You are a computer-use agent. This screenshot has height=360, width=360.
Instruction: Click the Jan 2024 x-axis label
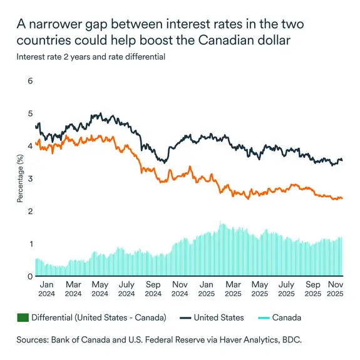coord(46,289)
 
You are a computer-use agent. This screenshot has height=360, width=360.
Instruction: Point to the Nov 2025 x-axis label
coord(338,289)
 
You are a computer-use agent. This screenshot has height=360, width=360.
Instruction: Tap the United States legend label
coord(219,318)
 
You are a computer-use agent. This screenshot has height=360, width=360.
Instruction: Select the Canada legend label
coord(287,318)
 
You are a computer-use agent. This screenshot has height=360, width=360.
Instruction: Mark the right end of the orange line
coord(342,198)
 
